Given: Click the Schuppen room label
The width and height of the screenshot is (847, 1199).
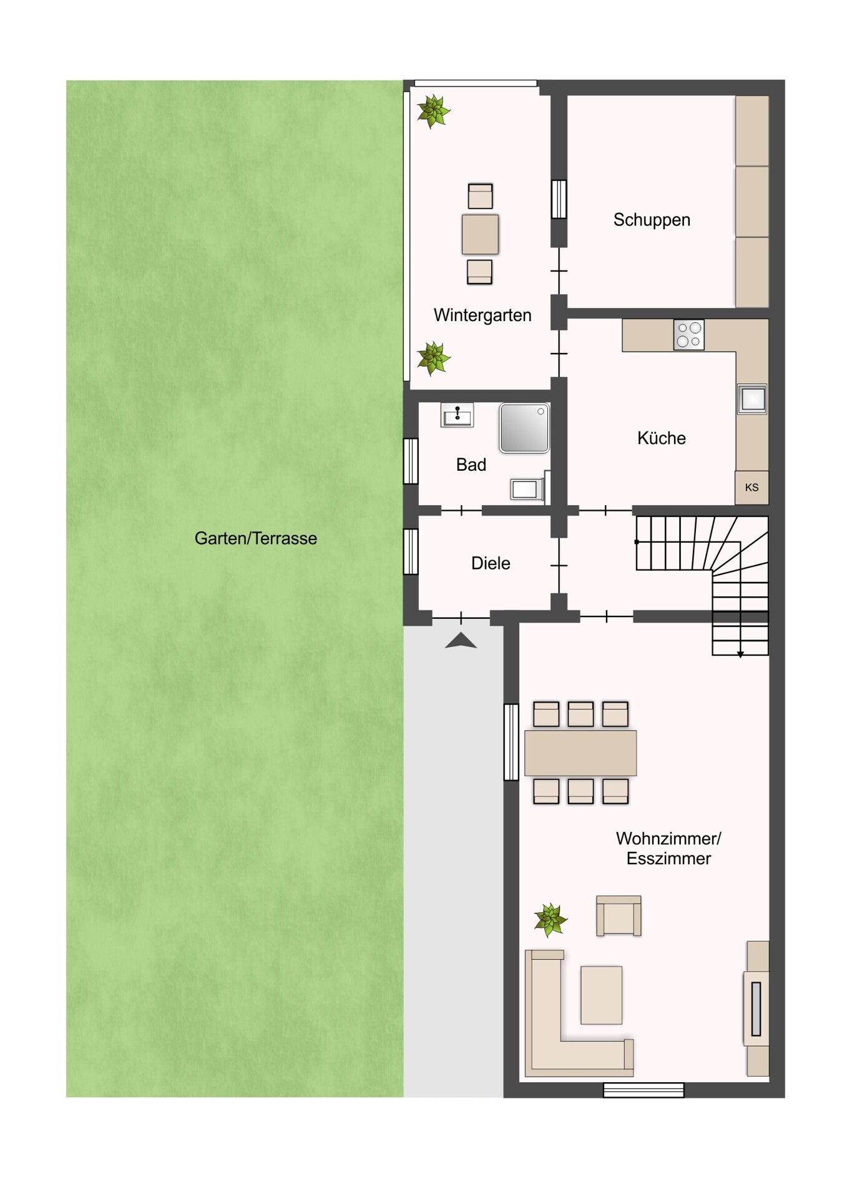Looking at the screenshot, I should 651,220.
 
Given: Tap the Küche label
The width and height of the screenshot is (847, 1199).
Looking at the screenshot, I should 661,438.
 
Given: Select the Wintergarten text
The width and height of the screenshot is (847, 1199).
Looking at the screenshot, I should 482,315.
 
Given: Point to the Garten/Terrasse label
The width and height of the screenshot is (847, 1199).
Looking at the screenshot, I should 255,538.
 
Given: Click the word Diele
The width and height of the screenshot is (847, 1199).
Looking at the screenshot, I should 491,563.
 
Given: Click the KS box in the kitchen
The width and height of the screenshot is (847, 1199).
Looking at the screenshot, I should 752,488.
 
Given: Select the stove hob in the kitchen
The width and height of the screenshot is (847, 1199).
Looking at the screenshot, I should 688,335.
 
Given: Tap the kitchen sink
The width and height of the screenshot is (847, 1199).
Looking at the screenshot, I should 752,399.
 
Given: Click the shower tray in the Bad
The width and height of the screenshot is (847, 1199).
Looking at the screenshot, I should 524,428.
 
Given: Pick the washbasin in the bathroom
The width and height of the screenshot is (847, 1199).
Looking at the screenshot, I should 457,415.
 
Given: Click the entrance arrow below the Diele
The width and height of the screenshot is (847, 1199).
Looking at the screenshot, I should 461,641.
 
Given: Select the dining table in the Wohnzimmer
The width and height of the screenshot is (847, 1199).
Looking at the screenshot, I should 580,752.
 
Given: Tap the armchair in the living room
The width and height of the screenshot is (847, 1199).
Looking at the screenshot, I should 618,916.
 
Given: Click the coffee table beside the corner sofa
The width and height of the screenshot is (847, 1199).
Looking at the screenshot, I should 601,995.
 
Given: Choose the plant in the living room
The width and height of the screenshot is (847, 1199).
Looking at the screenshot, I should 550,920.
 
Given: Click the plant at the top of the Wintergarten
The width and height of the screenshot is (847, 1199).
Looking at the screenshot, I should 433,111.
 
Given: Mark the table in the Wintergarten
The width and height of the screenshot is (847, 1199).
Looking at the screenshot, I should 480,234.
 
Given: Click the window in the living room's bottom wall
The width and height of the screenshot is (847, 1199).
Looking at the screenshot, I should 644,1090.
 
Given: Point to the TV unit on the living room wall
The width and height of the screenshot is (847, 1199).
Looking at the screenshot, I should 756,1009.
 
